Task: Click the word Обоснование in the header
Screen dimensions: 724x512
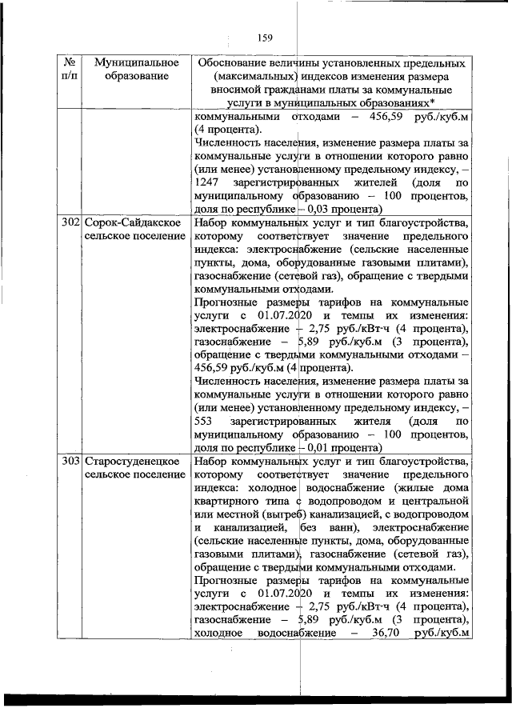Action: [x=238, y=62]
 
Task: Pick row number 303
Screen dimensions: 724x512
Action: [x=70, y=462]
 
